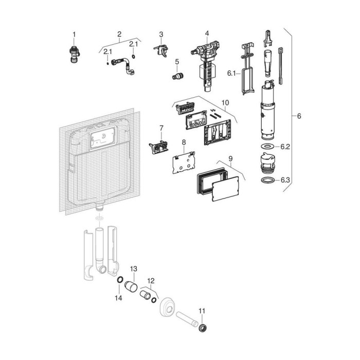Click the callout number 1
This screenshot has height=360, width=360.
click(x=74, y=34)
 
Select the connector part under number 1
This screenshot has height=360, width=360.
click(x=75, y=54)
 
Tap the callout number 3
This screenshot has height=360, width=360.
click(x=161, y=34)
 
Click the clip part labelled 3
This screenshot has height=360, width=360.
click(x=161, y=51)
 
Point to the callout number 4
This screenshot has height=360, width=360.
click(x=207, y=33)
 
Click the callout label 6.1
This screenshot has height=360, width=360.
click(x=231, y=74)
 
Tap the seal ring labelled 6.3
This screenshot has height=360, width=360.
click(x=268, y=180)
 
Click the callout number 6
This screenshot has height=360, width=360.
click(x=299, y=116)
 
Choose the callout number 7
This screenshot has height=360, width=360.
click(x=161, y=128)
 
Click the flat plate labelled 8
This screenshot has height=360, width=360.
click(x=184, y=163)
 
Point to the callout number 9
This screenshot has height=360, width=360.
click(x=230, y=158)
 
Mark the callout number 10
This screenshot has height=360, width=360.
click(x=225, y=103)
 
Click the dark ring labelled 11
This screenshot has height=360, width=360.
click(x=203, y=328)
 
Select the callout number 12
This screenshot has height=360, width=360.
click(x=151, y=281)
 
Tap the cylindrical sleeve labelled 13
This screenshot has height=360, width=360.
click(x=131, y=286)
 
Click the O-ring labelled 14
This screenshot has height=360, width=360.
click(x=120, y=280)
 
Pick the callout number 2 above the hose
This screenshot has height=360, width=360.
click(x=119, y=34)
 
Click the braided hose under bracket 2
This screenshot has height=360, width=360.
click(x=123, y=66)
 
